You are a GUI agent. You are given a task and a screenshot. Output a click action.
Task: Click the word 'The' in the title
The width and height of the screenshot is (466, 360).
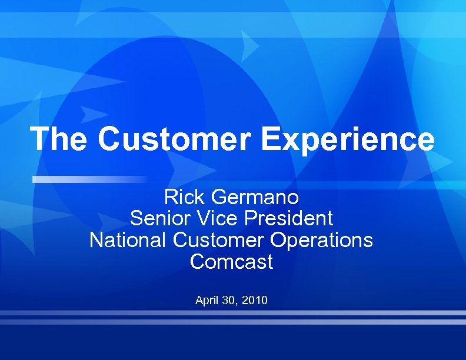pos(59,139)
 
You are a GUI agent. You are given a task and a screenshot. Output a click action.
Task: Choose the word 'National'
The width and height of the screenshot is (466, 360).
pos(128,240)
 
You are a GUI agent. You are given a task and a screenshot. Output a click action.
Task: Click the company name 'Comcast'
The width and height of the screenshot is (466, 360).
pos(231,262)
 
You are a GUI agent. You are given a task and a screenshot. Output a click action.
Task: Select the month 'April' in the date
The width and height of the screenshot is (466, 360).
pos(207,301)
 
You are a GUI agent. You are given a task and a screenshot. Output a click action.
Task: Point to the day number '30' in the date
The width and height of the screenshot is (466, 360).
pos(228,301)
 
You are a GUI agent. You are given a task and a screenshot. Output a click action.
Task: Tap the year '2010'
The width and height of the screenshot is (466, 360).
pos(254,301)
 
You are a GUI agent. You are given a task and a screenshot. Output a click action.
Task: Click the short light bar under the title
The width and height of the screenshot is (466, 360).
pos(88,179)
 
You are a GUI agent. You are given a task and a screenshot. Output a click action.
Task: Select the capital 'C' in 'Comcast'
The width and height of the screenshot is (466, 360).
pos(197,262)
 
